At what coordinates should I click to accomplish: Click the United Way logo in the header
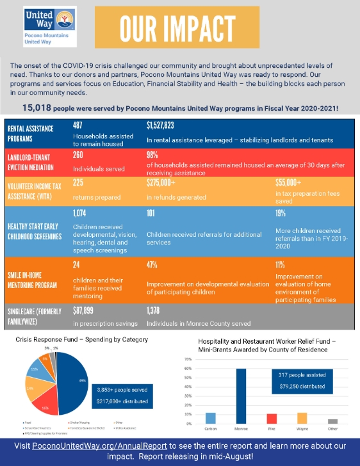(x=40, y=26)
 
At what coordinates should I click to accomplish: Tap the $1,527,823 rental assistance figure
(x=165, y=125)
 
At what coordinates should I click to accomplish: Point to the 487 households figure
(x=79, y=125)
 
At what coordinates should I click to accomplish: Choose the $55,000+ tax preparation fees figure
(x=290, y=182)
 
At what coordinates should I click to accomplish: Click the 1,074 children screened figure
(x=80, y=213)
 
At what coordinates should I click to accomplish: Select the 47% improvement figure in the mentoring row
(x=152, y=264)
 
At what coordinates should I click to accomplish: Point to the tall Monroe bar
(x=241, y=396)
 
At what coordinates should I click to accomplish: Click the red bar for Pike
(x=272, y=419)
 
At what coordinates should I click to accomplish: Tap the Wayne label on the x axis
(x=302, y=429)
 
